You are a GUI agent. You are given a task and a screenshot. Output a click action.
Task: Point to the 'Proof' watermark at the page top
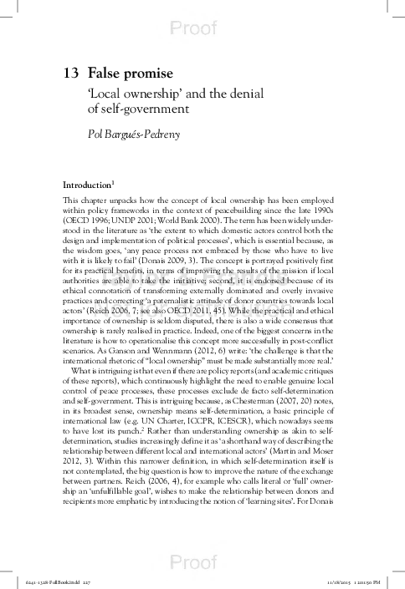coord(202,29)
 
